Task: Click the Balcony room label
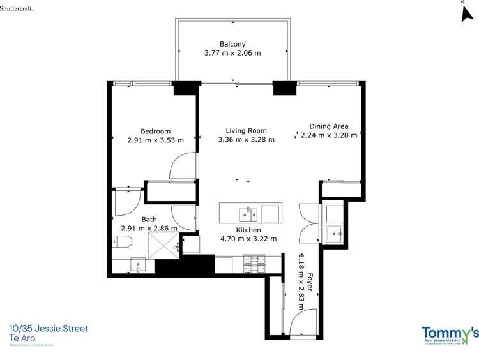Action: pyautogui.click(x=232, y=44)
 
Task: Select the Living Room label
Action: pyautogui.click(x=246, y=130)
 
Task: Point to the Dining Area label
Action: pyautogui.click(x=329, y=126)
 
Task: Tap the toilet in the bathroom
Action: pyautogui.click(x=121, y=241)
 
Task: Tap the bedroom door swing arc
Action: pyautogui.click(x=181, y=165)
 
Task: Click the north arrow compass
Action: pyautogui.click(x=466, y=13)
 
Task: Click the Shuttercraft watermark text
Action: pyautogui.click(x=17, y=7)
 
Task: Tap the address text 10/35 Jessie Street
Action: pyautogui.click(x=49, y=329)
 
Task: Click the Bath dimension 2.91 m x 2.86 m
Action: pyautogui.click(x=149, y=227)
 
